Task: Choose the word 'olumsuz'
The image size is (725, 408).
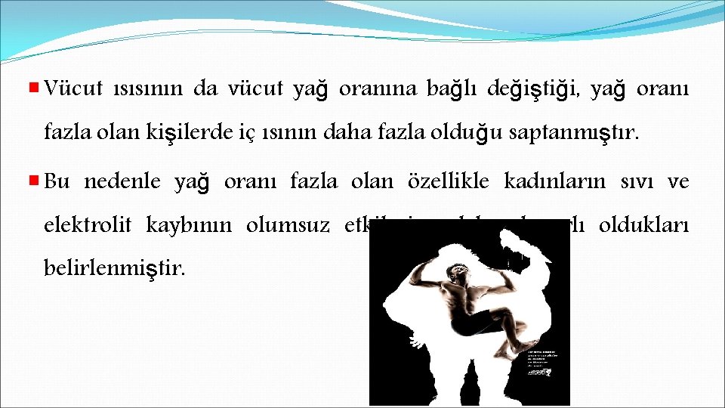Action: [289, 225]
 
